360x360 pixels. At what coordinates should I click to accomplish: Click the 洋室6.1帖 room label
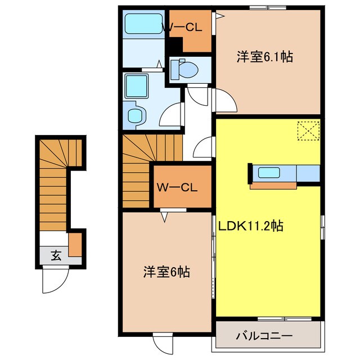pos(264,57)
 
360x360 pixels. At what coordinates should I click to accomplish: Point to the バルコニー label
pos(263,336)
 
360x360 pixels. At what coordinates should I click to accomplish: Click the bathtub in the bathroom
pos(142,25)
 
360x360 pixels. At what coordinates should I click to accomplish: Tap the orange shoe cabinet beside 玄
pos(75,244)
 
